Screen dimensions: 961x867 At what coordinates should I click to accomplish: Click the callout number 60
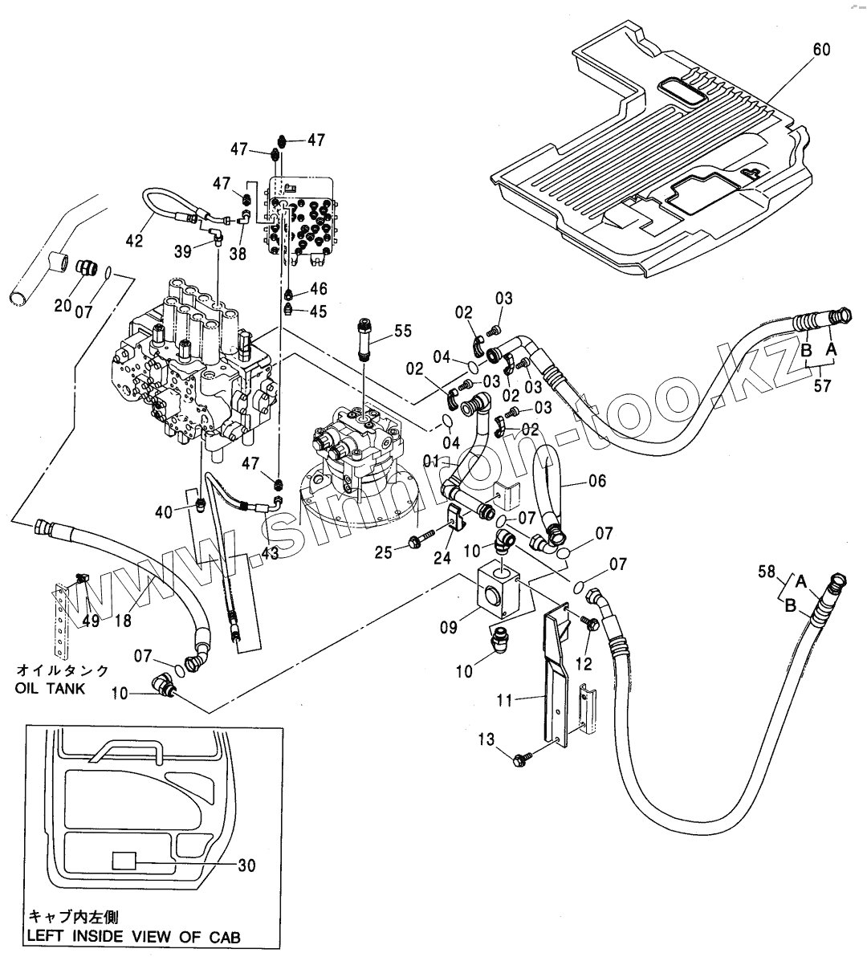[x=821, y=50]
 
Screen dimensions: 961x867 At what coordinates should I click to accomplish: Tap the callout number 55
[x=402, y=330]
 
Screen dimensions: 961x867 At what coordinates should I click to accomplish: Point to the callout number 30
[x=246, y=865]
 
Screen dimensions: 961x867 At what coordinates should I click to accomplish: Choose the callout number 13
[x=488, y=739]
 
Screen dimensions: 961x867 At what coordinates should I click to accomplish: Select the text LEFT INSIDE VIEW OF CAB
[x=133, y=936]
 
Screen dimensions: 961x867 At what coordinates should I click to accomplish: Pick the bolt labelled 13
[x=522, y=755]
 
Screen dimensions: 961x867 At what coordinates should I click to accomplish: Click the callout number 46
[x=319, y=288]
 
